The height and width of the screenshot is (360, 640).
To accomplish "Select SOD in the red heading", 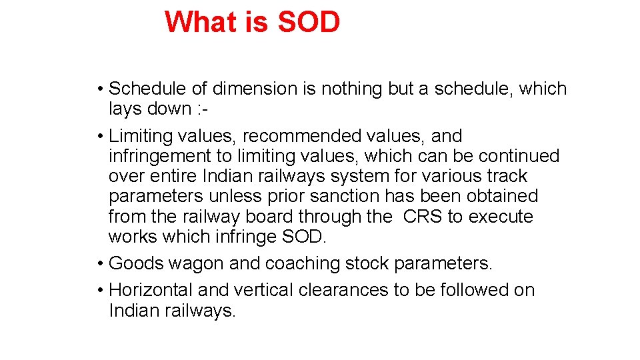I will [x=309, y=22].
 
